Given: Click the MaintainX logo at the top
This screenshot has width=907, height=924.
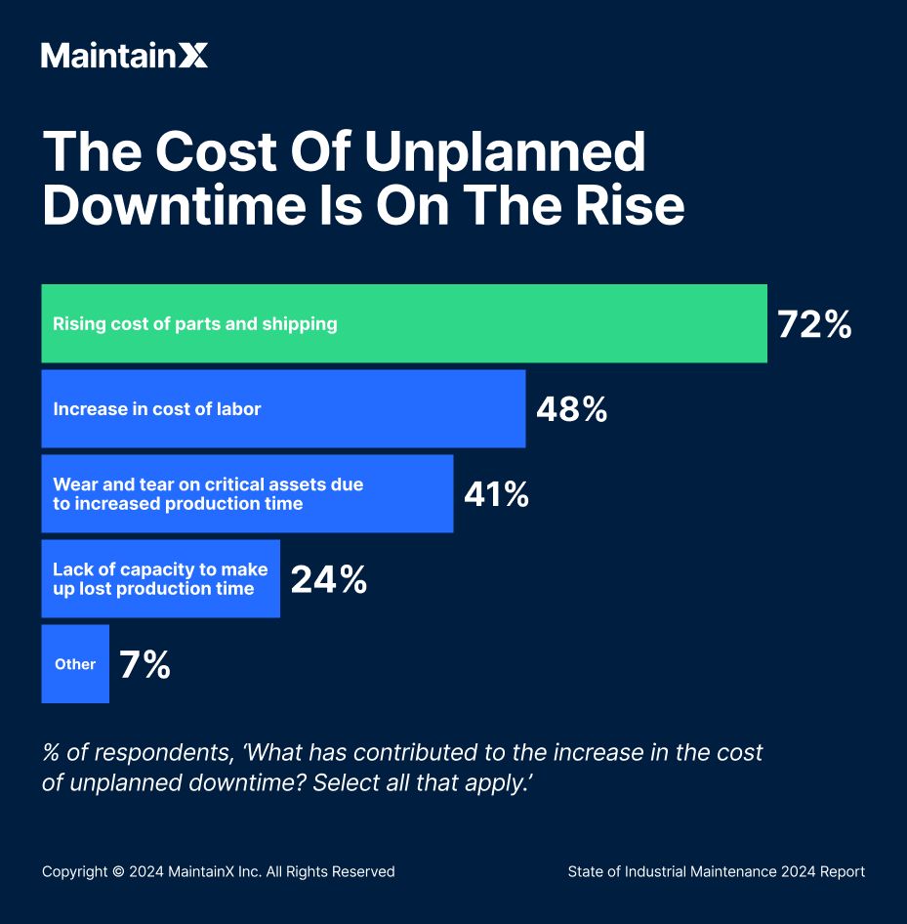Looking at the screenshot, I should (x=124, y=56).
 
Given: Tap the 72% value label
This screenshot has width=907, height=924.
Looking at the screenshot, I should (x=814, y=324).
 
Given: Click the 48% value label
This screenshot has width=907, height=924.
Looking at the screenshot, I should (x=571, y=409).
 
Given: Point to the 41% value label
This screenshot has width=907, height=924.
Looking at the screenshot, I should (x=496, y=494).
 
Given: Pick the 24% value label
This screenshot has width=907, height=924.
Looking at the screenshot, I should (x=329, y=580).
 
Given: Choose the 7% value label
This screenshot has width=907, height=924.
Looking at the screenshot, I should (x=144, y=665).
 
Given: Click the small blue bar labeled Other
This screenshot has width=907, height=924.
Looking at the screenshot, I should (x=75, y=664).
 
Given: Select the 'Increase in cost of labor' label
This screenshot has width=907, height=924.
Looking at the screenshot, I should (x=157, y=409).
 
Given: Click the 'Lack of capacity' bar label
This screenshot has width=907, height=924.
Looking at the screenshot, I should (x=160, y=579).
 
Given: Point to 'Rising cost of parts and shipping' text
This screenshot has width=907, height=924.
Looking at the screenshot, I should (x=195, y=324).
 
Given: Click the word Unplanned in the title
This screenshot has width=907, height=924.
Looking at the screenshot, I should (x=505, y=152).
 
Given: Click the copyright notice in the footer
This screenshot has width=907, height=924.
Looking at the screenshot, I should (x=218, y=871).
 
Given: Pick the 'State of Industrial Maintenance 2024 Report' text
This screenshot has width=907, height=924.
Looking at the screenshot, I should (x=716, y=871).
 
